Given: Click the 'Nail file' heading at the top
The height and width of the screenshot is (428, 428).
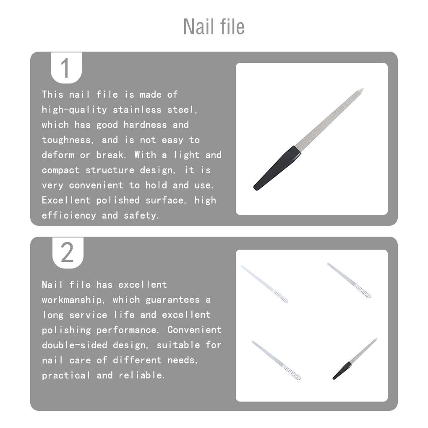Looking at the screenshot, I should tap(214, 26).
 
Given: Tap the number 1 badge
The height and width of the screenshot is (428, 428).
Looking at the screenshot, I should tap(66, 68).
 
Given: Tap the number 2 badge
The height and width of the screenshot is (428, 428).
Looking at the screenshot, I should tap(67, 253).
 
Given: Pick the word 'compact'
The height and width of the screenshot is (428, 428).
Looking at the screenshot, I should tap(61, 170).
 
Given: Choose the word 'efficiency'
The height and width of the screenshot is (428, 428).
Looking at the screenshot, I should tap(69, 216).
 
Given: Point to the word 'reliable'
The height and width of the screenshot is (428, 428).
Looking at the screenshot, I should tap(141, 376).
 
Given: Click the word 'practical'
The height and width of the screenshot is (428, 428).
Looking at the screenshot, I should tap(66, 376).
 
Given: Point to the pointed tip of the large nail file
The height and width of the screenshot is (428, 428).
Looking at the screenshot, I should tap(361, 90).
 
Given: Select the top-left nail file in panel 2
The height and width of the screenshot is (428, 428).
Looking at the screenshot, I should tap(265, 284).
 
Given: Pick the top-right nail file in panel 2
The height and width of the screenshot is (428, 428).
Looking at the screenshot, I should tap(349, 280).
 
